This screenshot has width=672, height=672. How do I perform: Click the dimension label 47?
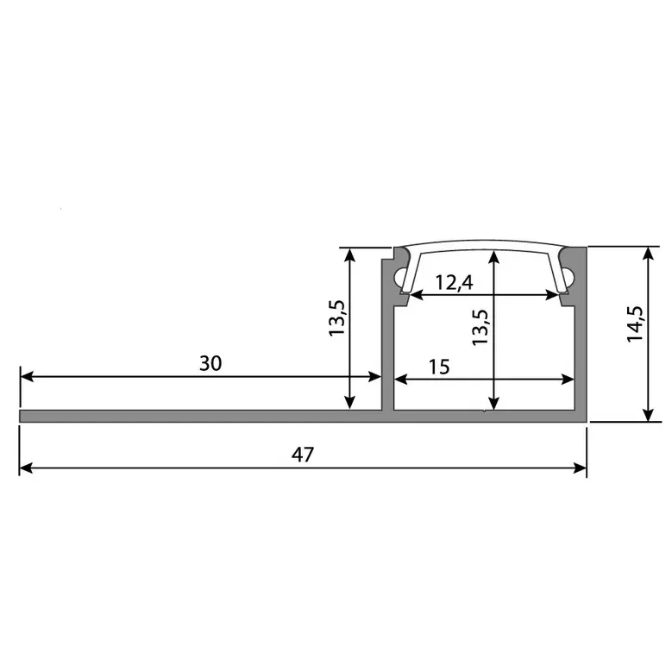(302, 455)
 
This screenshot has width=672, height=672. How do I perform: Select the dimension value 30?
(210, 363)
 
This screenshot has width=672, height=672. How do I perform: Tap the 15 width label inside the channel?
(438, 366)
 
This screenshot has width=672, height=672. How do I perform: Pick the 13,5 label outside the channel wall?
(337, 317)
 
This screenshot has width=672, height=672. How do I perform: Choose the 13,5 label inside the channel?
(480, 328)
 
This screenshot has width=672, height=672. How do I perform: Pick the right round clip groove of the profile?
(570, 277)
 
